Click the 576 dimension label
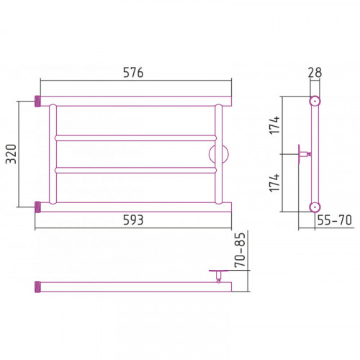[133, 73]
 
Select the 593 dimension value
[133, 220]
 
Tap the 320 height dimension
[12, 154]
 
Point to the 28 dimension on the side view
[315, 73]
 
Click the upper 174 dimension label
[274, 125]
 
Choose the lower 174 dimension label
[274, 183]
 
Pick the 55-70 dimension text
[335, 220]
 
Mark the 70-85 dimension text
[240, 250]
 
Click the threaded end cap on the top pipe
[37, 102]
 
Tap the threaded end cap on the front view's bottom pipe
[37, 207]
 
